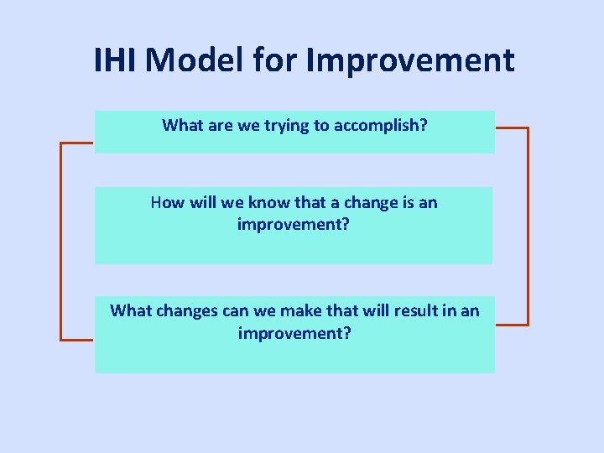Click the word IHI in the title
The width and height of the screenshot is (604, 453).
click(120, 60)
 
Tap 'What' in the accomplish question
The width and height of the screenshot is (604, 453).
click(182, 126)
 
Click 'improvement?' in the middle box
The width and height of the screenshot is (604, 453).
click(294, 224)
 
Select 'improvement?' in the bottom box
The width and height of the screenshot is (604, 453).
click(294, 333)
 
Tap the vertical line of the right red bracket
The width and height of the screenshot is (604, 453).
click(528, 226)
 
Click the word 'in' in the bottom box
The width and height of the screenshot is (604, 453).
click(450, 311)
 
